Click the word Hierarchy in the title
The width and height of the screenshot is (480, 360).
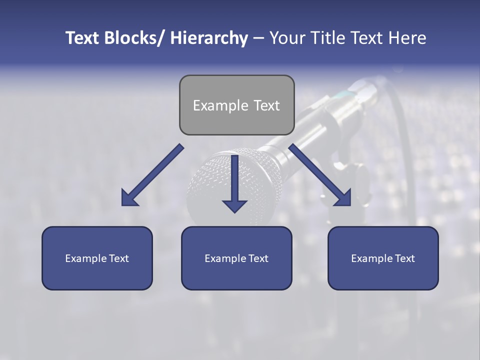pos(209,38)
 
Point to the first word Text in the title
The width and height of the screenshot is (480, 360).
pos(83,38)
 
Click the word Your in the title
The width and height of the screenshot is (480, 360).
pos(286,38)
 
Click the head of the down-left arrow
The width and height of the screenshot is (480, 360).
pos(128,199)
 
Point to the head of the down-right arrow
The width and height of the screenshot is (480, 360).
pos(344,198)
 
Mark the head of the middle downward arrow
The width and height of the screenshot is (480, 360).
pos(234,205)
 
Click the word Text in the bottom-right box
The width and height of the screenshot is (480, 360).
pos(405,258)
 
